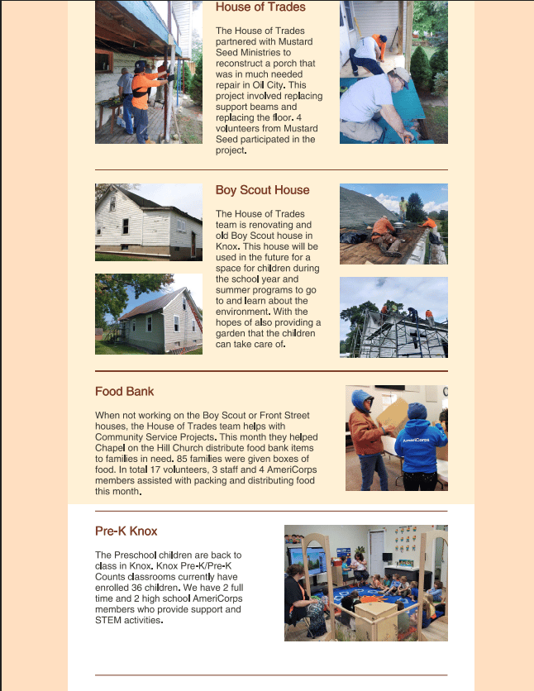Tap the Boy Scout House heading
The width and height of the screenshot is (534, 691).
click(x=262, y=190)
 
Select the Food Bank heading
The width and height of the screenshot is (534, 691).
click(x=124, y=392)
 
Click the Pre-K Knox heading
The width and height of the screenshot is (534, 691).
click(x=126, y=531)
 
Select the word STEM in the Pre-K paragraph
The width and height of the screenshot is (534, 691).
click(x=110, y=620)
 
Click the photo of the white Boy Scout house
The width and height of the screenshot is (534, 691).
click(x=149, y=222)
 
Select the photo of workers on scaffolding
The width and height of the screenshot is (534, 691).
click(x=393, y=317)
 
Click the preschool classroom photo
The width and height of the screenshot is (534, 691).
click(x=365, y=583)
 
